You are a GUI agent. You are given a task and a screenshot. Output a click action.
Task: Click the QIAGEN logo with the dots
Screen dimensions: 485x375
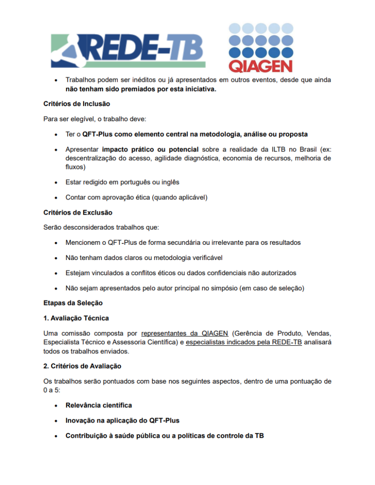pyautogui.click(x=260, y=47)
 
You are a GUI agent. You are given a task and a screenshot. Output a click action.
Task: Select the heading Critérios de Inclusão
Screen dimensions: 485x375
pyautogui.click(x=77, y=103)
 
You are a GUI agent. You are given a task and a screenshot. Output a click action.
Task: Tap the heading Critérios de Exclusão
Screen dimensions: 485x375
pyautogui.click(x=78, y=212)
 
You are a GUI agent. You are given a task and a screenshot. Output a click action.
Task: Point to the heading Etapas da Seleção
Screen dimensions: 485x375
pyautogui.click(x=73, y=303)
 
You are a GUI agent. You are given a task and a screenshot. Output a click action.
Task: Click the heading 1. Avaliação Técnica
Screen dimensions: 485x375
pyautogui.click(x=76, y=318)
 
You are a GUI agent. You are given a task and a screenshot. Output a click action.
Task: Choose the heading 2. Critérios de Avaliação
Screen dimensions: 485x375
pyautogui.click(x=82, y=366)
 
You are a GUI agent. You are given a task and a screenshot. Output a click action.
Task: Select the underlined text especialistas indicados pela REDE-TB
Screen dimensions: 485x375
pyautogui.click(x=244, y=342)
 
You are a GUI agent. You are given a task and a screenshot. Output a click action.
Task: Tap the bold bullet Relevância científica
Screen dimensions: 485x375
pyautogui.click(x=99, y=405)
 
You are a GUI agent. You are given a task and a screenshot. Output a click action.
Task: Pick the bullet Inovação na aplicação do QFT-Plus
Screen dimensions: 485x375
pyautogui.click(x=122, y=420)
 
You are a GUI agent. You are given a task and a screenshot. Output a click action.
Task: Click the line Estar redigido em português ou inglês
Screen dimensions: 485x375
pyautogui.click(x=122, y=182)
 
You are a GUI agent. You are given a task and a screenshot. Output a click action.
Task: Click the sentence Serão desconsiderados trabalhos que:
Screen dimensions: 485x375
pyautogui.click(x=101, y=227)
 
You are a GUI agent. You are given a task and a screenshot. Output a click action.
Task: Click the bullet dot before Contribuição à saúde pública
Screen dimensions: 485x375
pyautogui.click(x=56, y=435)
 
